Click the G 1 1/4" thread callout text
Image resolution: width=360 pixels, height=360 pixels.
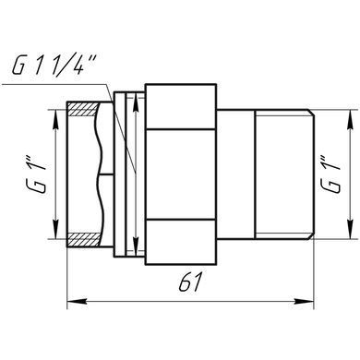click(x=53, y=65)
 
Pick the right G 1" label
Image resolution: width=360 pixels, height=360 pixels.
click(x=330, y=174)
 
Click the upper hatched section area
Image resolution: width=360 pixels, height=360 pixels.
click(x=83, y=109)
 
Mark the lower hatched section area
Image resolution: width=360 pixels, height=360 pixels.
click(x=83, y=240)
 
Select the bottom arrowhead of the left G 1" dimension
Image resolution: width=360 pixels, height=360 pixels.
click(x=55, y=229)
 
